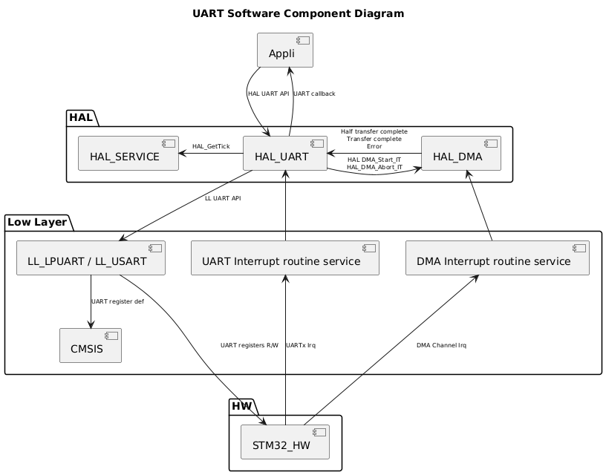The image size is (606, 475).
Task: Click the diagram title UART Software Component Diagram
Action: pos(298,13)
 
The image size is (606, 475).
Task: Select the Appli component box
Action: pos(284,50)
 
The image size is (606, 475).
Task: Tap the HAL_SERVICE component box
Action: pos(128,154)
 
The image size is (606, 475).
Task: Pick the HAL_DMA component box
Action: pos(460,154)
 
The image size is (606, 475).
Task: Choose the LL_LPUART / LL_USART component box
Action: pos(90,258)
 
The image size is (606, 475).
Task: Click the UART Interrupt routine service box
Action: pos(285,258)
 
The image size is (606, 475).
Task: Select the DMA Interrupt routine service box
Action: pos(497,258)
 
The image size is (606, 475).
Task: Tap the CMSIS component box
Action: pos(90,345)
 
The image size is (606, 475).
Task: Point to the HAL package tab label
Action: pos(80,117)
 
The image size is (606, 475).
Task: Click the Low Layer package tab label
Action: pos(36,222)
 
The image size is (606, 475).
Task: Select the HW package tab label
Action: pos(241,406)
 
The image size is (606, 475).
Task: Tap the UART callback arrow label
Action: pos(314,94)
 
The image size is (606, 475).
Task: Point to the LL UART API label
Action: pos(223,198)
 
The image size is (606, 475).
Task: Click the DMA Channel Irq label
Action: pos(441,345)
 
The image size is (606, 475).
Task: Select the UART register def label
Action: pos(117,301)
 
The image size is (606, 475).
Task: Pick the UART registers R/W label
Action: pos(249,345)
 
